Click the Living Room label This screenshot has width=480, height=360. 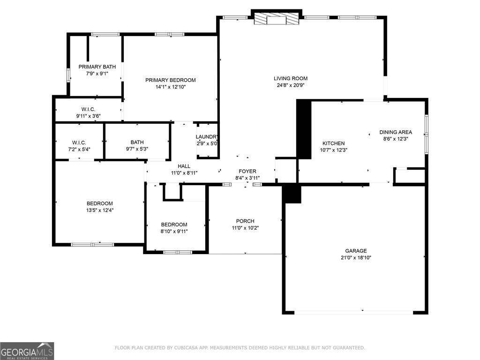point(291,78)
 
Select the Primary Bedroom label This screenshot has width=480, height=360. point(170,80)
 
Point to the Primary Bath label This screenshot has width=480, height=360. point(97,67)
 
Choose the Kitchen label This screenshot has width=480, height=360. point(333,143)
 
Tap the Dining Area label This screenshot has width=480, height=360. point(396,132)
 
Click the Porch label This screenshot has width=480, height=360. point(245,221)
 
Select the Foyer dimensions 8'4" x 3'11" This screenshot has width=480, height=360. point(247,178)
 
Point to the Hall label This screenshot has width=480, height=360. point(184,166)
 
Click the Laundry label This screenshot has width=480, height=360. point(207,137)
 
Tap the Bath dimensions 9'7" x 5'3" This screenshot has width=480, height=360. point(137,149)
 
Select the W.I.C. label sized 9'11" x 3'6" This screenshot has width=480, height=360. point(88,109)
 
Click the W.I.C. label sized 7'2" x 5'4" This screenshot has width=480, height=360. point(79,142)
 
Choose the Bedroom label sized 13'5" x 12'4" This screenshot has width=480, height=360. point(99,203)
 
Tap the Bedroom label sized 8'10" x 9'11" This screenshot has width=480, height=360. point(174,225)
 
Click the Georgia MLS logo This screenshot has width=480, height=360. point(27,351)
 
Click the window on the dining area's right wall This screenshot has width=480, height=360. point(426,134)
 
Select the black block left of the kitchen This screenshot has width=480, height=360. point(304,129)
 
